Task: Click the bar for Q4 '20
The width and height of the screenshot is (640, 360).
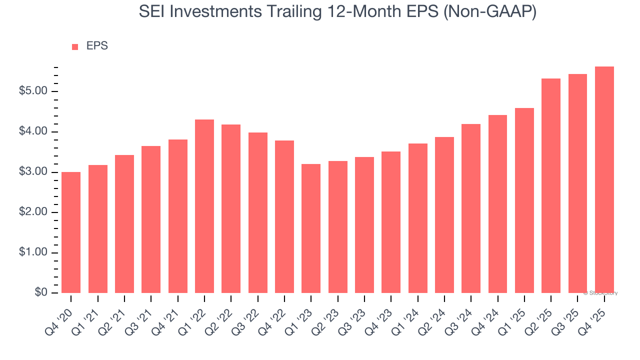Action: coord(71,232)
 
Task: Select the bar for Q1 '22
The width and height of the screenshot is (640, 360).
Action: coord(204,206)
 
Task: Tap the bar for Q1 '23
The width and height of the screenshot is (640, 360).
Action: coord(311,228)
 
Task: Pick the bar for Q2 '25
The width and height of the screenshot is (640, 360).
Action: coord(551,185)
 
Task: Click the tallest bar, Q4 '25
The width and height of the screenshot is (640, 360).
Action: coord(604,179)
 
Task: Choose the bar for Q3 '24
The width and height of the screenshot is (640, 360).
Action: coord(471,208)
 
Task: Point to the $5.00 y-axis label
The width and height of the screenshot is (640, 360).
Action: coord(33,91)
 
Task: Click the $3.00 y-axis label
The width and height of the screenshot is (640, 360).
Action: coord(33,172)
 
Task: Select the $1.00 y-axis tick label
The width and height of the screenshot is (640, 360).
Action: coord(33,252)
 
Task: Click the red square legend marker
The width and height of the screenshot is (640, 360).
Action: coord(75,47)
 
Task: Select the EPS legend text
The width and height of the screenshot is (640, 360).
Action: coord(97,46)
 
